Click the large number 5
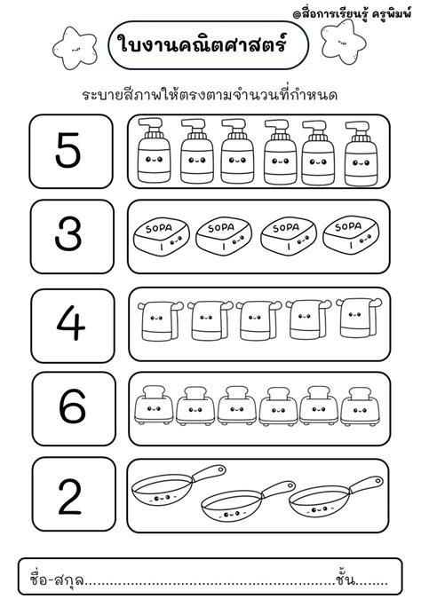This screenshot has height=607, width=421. coord(68,151)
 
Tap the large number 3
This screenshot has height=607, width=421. coord(68,233)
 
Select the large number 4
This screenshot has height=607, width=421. coord(70,323)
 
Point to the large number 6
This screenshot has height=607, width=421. coord(72,406)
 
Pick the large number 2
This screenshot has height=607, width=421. coord(70,497)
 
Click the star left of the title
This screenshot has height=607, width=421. coord(75,48)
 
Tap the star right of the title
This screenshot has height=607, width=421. coord(343,42)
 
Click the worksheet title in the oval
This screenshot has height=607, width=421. coord(203,43)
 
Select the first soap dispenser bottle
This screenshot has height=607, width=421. coord(154,150)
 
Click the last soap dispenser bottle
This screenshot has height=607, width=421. coord(361,154)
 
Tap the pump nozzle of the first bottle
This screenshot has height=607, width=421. coord(151,124)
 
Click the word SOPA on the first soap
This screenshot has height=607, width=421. coord(158,228)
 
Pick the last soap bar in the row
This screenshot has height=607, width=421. coord(351,235)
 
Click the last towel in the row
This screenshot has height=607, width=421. coord(359,318)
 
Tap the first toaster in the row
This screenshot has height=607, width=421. coord(154,405)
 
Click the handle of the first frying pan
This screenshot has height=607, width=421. coord(209,474)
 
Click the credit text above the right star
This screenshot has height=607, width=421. coord(352,14)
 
